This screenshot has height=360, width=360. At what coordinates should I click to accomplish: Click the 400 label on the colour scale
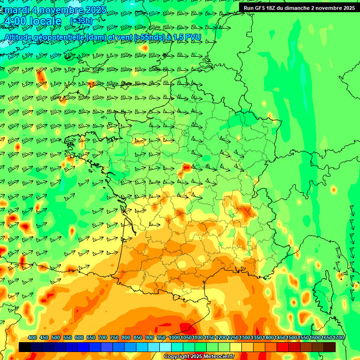click(x=32, y=337)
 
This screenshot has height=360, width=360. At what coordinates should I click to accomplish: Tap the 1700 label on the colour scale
click(x=338, y=337)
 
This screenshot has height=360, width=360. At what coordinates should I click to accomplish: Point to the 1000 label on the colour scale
click(x=174, y=337)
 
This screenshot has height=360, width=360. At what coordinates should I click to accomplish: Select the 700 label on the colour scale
click(x=103, y=337)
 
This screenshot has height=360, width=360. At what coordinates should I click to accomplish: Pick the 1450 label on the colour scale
click(x=280, y=337)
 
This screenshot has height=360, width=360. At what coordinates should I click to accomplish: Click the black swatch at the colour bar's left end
click(x=25, y=347)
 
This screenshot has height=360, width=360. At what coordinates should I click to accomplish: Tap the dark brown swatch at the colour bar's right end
click(x=330, y=347)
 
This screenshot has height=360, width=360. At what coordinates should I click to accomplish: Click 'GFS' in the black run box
click(x=261, y=8)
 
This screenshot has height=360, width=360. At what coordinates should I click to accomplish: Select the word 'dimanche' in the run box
click(x=304, y=8)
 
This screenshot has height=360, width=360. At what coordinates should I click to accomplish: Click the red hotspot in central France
click(x=186, y=167)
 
